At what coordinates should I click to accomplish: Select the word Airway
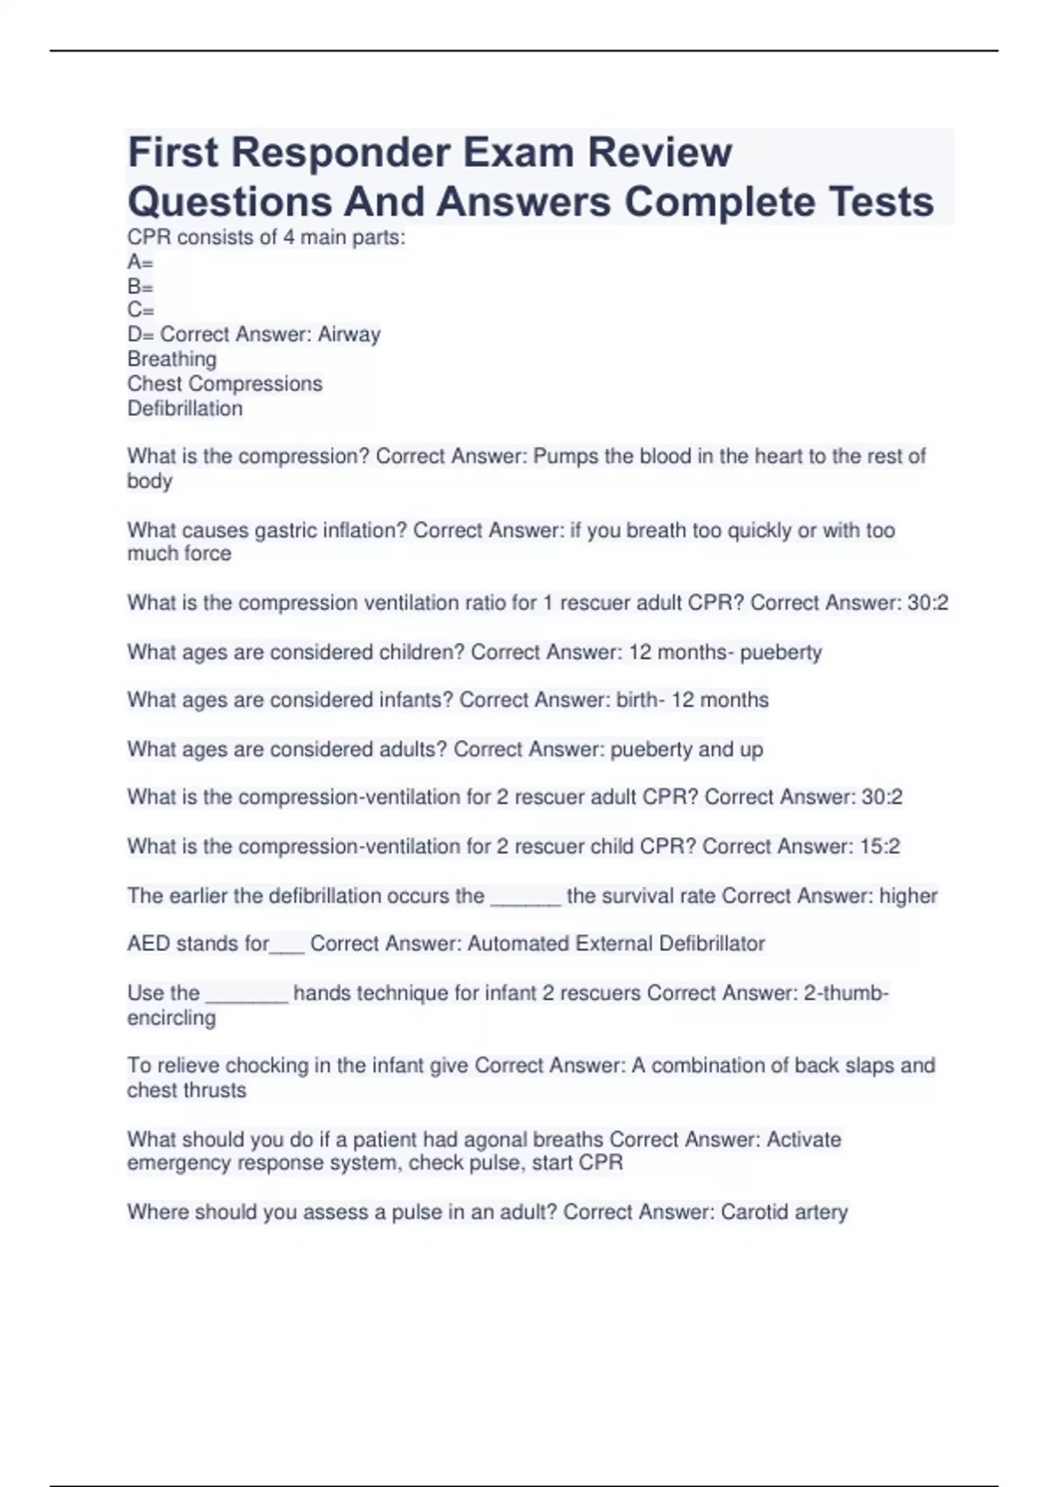pyautogui.click(x=349, y=335)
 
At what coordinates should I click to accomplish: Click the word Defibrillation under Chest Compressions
pyautogui.click(x=184, y=408)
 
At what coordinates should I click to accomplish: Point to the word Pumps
pyautogui.click(x=566, y=457)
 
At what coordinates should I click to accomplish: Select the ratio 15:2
pyautogui.click(x=879, y=847)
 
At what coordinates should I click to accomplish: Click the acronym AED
pyautogui.click(x=149, y=944)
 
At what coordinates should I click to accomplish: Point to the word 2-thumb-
pyautogui.click(x=846, y=994)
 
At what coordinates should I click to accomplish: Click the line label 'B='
pyautogui.click(x=140, y=287)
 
